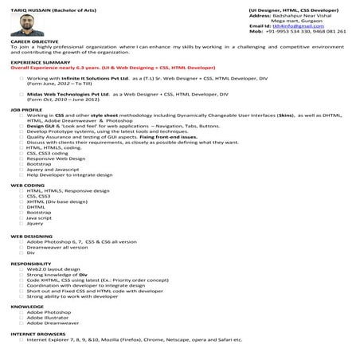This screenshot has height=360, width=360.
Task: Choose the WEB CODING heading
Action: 26,184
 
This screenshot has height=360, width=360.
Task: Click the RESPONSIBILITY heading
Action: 30,263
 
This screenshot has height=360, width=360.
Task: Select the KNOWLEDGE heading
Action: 27,306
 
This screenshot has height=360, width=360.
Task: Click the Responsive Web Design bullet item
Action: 52,158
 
